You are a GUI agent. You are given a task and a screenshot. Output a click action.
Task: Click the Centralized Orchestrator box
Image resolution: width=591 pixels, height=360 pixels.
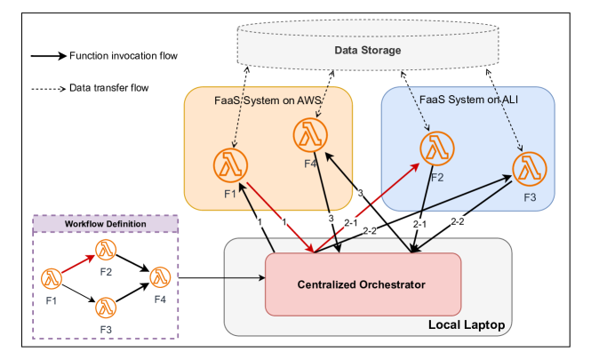pos(363,284)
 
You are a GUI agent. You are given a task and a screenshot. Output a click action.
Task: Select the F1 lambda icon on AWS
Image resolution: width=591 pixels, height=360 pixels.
pos(229,164)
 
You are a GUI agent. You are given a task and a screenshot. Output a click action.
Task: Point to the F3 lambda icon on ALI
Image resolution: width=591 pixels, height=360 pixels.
pos(530,169)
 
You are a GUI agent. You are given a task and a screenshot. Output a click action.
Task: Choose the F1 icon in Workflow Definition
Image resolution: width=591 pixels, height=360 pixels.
pos(52,279)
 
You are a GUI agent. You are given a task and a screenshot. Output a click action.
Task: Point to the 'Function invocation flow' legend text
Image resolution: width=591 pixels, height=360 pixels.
pos(123,56)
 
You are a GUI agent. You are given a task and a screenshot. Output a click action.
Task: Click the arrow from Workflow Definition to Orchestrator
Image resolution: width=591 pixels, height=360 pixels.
pos(222,278)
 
